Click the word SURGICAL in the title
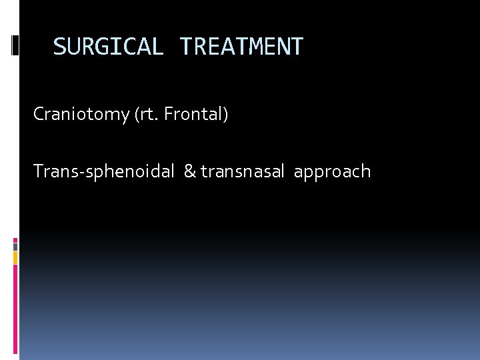(107, 47)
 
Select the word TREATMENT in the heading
(241, 47)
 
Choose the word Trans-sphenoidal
(104, 172)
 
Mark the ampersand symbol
(189, 172)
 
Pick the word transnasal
(244, 172)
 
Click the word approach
(332, 172)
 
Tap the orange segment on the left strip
(15, 257)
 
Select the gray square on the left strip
(15, 246)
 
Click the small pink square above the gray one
(15, 239)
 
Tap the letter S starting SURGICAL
(59, 47)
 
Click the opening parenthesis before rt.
(137, 115)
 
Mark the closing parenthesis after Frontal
(226, 115)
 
